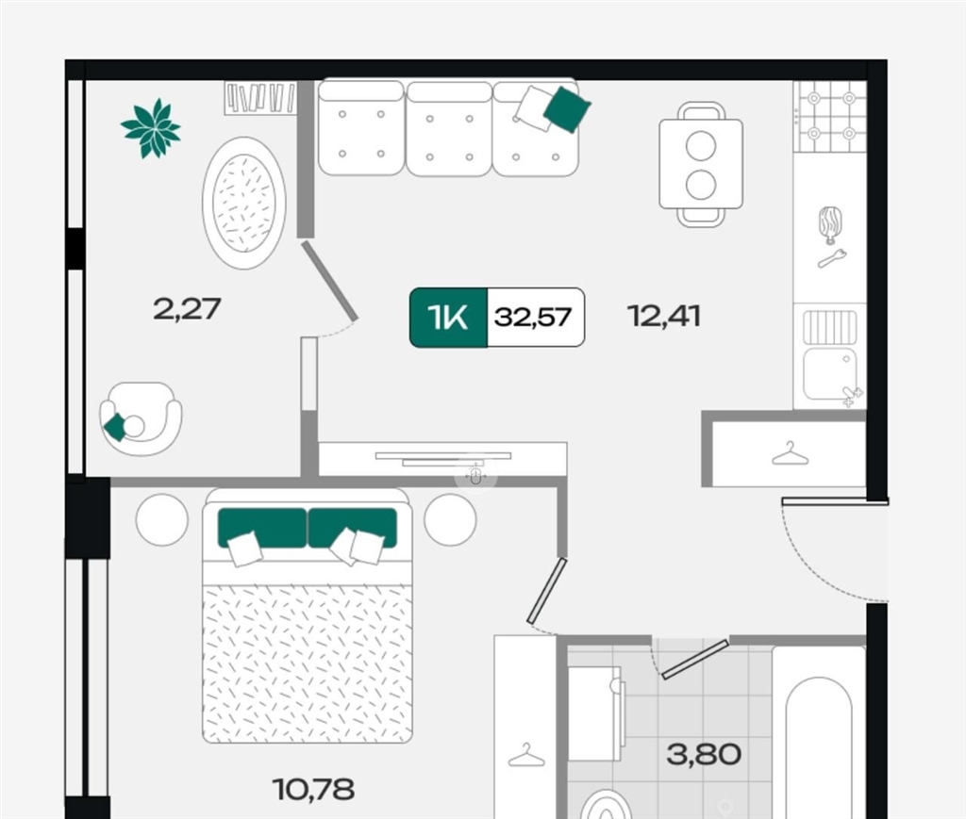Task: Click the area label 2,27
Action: click(x=187, y=308)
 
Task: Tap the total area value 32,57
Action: click(x=534, y=318)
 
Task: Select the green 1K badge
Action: click(x=448, y=318)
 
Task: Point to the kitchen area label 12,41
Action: click(x=664, y=317)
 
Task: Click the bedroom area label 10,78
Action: click(x=313, y=790)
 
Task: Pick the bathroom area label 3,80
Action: click(x=704, y=754)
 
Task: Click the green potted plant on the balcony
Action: click(x=151, y=128)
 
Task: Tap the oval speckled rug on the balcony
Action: click(x=244, y=203)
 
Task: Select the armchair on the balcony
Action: click(x=142, y=419)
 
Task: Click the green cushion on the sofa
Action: click(x=567, y=109)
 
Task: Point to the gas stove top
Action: click(x=830, y=116)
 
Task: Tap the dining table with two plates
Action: click(x=701, y=164)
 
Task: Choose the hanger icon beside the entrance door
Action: click(x=790, y=454)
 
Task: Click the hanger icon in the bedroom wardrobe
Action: click(x=526, y=755)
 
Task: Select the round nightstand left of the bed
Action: click(x=162, y=519)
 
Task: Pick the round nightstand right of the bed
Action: click(x=450, y=519)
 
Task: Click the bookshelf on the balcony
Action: click(x=260, y=97)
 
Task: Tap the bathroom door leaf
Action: click(x=695, y=659)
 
